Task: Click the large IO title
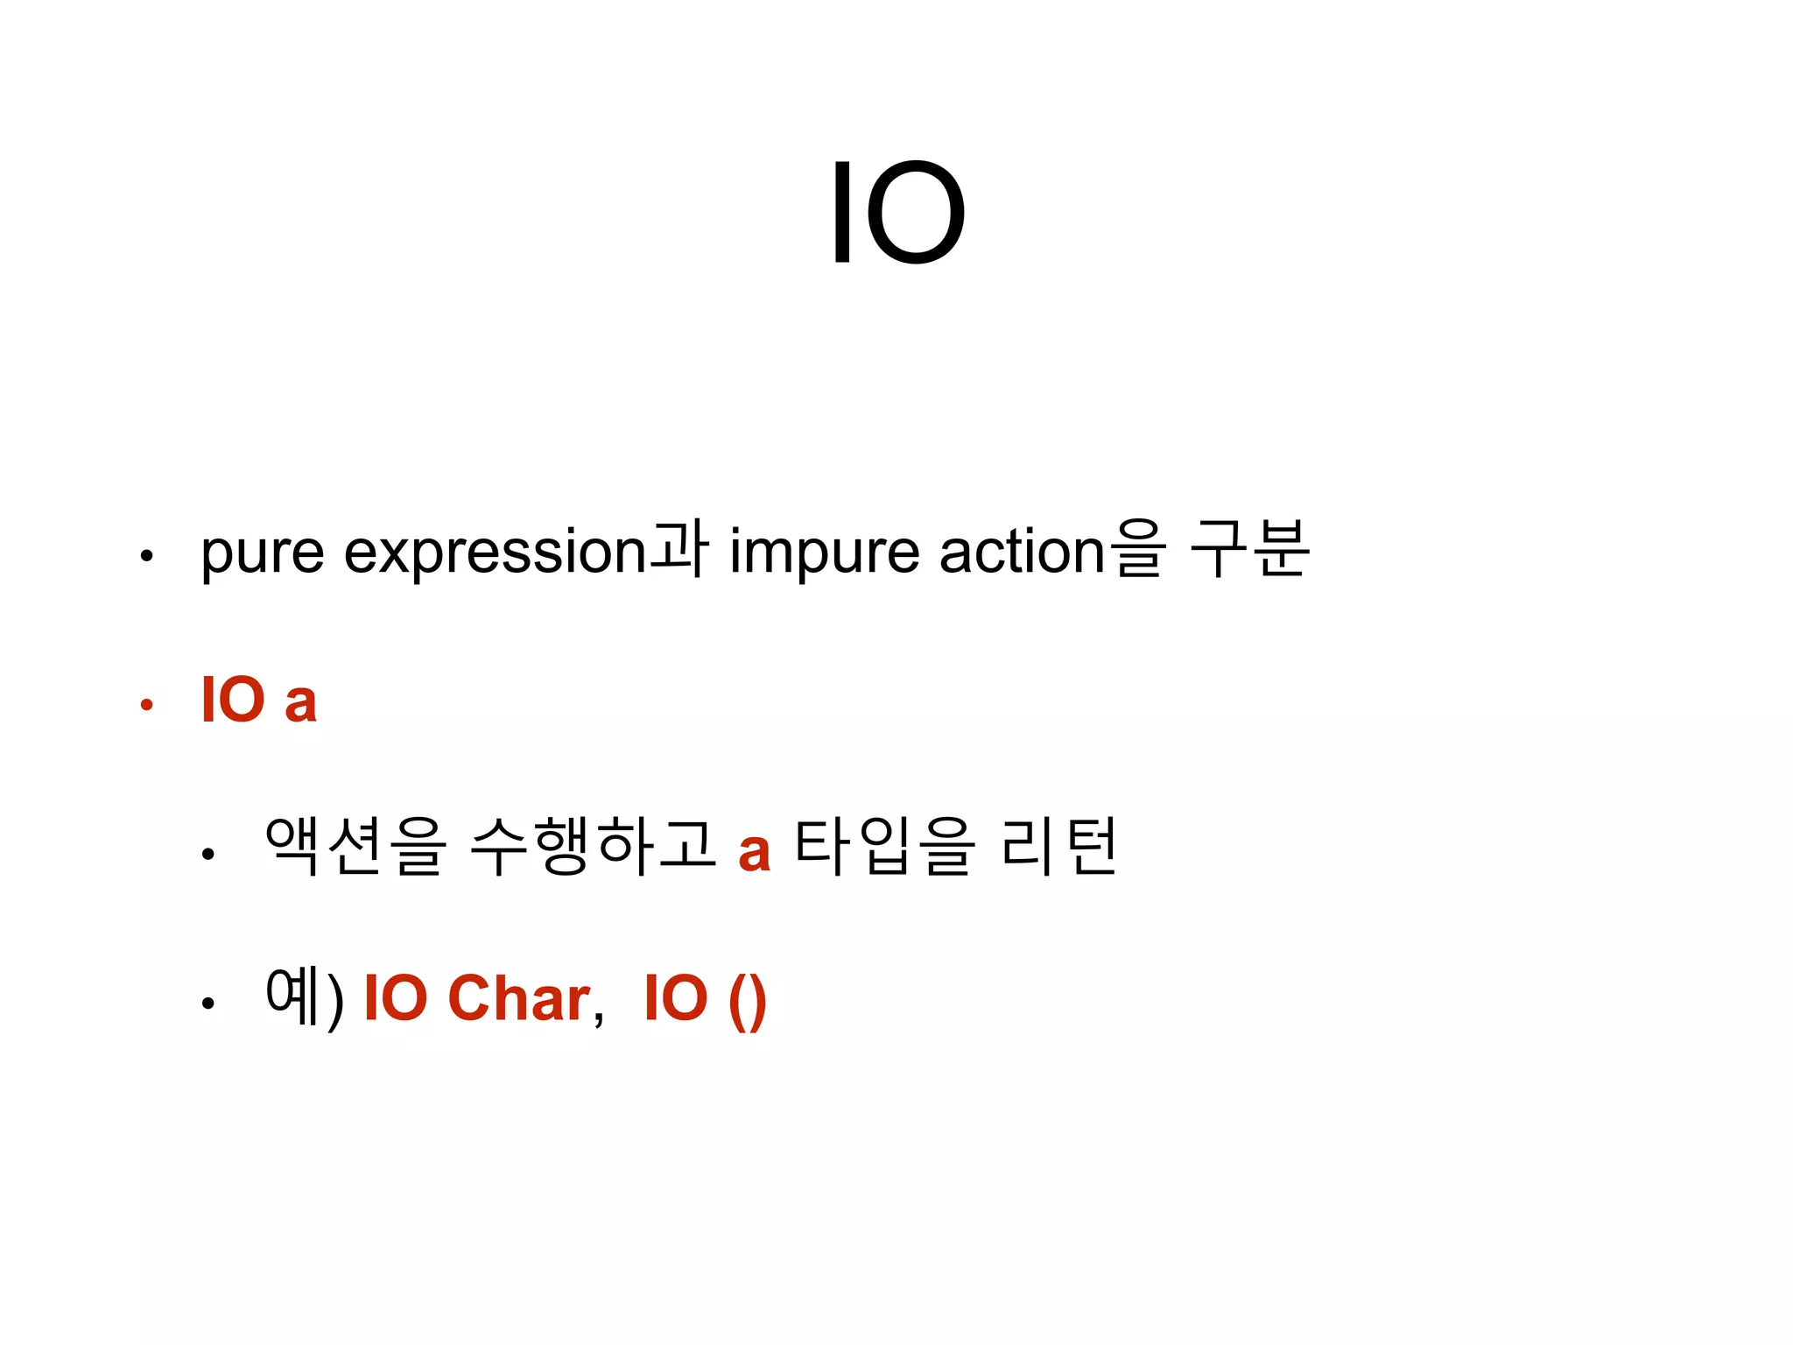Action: pos(896,213)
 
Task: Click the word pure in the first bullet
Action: pos(263,553)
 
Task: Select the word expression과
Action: pos(525,552)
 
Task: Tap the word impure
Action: pos(824,553)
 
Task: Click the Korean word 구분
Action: pos(1250,549)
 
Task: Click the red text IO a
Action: pos(258,701)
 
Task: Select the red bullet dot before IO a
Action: pos(147,704)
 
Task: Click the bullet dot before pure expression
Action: pos(147,555)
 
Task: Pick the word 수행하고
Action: pos(594,846)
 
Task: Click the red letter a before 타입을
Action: pos(754,851)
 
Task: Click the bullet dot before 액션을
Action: pos(207,853)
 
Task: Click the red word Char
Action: pos(519,998)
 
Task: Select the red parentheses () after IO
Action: pos(747,1000)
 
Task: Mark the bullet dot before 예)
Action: pos(207,1003)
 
